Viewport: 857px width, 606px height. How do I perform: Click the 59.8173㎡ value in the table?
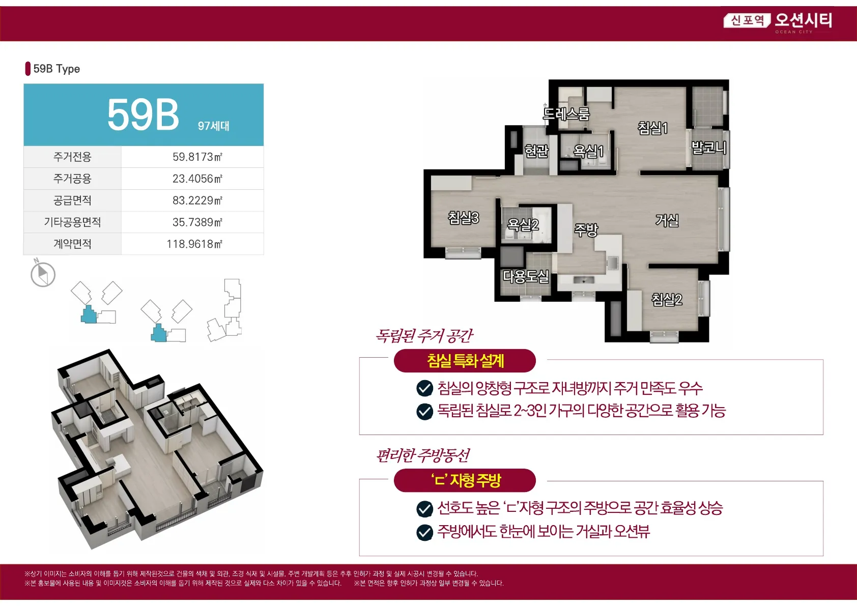pyautogui.click(x=197, y=157)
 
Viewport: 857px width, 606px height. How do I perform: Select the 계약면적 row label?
pyautogui.click(x=72, y=244)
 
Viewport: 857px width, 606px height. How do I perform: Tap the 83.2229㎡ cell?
pyautogui.click(x=197, y=200)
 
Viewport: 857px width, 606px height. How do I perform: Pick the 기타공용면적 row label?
pyautogui.click(x=72, y=222)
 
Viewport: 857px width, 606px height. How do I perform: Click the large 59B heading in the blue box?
pyautogui.click(x=142, y=114)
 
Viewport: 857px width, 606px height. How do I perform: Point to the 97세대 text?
pyautogui.click(x=213, y=126)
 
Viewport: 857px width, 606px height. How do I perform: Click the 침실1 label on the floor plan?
pyautogui.click(x=653, y=128)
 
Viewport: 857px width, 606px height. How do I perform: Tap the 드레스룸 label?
pyautogui.click(x=566, y=113)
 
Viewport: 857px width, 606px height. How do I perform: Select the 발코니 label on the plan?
pyautogui.click(x=708, y=147)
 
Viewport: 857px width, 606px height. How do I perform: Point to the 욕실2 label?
pyautogui.click(x=523, y=224)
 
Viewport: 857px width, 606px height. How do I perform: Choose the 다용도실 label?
pyautogui.click(x=526, y=276)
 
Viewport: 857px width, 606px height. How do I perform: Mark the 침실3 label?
pyautogui.click(x=463, y=218)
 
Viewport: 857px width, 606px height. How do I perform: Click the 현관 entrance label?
pyautogui.click(x=536, y=151)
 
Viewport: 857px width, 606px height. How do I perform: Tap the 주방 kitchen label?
pyautogui.click(x=585, y=229)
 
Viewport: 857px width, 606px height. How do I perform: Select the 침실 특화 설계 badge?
pyautogui.click(x=465, y=361)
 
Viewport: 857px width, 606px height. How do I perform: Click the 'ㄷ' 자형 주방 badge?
pyautogui.click(x=465, y=480)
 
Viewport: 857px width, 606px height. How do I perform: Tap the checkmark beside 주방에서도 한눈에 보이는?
pyautogui.click(x=424, y=532)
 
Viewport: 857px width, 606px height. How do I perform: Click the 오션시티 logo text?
pyautogui.click(x=804, y=20)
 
